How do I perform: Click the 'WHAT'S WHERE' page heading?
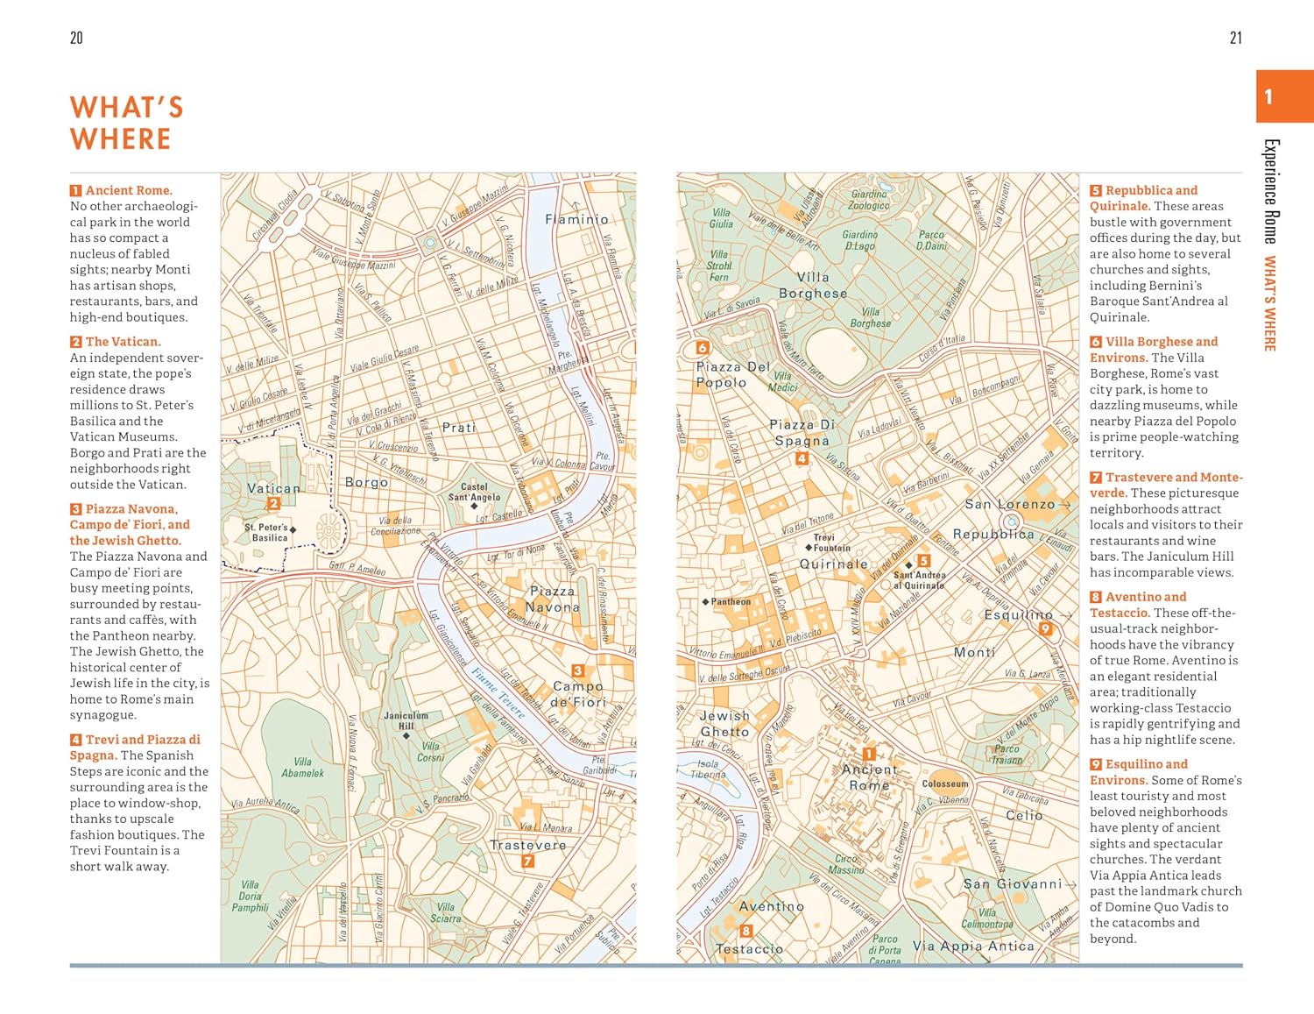127,123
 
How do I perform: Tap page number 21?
1235,38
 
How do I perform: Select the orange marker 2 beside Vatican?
273,503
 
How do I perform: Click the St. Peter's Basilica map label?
267,533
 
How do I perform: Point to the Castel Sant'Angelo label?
474,493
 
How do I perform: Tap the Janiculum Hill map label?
406,720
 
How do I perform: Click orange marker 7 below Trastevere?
527,861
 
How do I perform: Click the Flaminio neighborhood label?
576,219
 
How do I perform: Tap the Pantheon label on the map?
729,602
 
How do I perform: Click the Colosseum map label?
945,784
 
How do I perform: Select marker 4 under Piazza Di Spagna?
802,458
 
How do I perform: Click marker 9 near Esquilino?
1044,628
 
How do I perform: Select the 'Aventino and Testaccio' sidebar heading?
1139,605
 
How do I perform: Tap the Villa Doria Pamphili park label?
250,896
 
